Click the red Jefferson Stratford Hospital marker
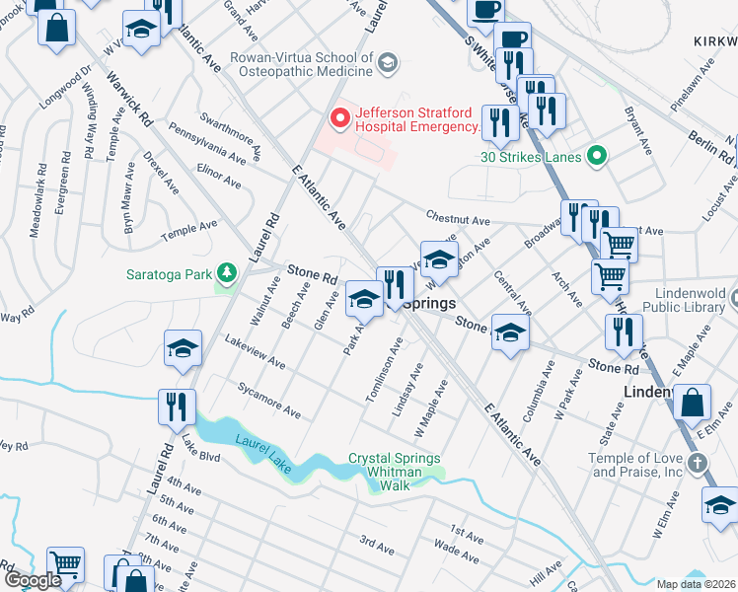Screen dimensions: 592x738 (340, 119)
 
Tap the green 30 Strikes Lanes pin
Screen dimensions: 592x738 (596, 156)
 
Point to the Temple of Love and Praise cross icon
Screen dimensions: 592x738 (697, 463)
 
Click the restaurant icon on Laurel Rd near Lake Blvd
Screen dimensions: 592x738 (178, 407)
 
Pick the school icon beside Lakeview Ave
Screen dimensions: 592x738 (183, 348)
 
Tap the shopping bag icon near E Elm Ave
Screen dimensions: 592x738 (694, 403)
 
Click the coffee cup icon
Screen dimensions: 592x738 (484, 10)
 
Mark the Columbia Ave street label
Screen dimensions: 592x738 (542, 393)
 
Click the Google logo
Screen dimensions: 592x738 (32, 581)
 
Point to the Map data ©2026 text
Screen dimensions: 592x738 (697, 584)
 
